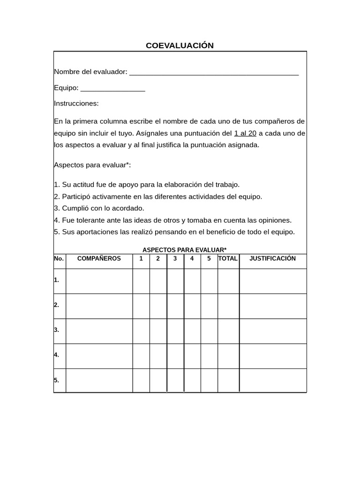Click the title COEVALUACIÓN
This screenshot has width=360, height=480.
tap(180, 45)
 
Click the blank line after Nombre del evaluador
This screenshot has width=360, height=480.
tap(214, 73)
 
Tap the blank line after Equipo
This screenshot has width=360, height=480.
tap(113, 89)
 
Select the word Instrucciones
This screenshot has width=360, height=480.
tap(76, 104)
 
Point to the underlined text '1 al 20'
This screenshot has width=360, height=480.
tap(245, 133)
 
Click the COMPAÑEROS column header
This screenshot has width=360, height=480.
tap(99, 259)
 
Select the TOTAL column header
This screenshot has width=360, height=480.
tap(228, 259)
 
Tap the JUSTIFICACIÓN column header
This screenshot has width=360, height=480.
tap(273, 259)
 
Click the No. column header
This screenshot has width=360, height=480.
tap(59, 259)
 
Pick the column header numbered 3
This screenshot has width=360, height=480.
tap(175, 259)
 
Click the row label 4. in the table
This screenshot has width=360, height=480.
tap(57, 355)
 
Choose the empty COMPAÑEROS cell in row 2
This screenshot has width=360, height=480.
tap(99, 306)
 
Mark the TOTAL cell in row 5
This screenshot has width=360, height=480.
tap(228, 380)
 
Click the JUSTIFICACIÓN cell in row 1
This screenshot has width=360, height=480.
tap(273, 281)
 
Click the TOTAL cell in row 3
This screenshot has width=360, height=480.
tap(228, 330)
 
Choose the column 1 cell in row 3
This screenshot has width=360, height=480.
tap(141, 330)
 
